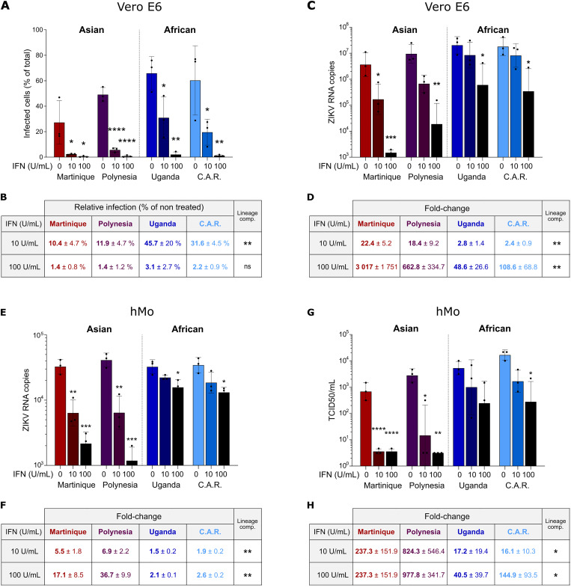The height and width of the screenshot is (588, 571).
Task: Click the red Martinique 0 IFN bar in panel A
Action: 59,140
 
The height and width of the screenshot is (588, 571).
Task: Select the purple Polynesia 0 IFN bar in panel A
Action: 103,126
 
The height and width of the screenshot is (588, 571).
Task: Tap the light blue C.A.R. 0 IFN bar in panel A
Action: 195,119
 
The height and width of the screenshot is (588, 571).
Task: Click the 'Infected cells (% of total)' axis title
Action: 27,94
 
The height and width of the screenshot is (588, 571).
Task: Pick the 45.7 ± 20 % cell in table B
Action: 163,243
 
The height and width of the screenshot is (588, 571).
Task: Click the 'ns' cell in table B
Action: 247,266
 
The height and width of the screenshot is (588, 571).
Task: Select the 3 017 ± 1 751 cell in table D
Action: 376,267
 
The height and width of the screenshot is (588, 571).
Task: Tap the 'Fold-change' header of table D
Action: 447,209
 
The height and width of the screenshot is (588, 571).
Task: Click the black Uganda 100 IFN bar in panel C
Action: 483,120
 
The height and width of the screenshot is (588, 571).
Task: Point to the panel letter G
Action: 311,312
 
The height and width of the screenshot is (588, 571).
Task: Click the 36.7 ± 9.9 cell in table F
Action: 115,575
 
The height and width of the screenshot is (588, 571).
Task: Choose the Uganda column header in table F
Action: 162,532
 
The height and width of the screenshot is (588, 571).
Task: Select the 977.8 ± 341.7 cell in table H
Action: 424,575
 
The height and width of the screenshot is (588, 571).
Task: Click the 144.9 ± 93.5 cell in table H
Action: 518,575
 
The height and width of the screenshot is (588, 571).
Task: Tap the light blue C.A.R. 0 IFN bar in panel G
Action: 505,410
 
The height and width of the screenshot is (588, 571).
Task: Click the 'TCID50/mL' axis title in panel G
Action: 332,399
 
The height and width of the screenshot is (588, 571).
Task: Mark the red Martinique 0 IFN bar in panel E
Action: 61,416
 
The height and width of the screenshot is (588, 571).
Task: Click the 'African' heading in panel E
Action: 188,329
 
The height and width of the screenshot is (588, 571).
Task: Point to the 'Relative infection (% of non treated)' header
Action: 138,207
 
